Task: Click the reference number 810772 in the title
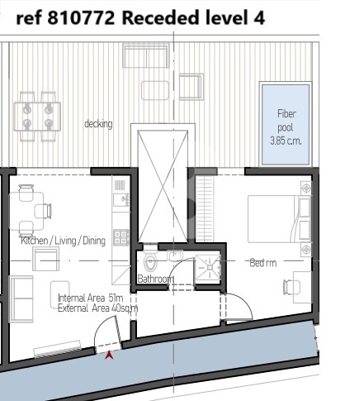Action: [x=81, y=18]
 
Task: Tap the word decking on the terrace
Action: [x=98, y=124]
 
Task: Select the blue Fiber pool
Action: [x=286, y=125]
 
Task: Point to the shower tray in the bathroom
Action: [x=208, y=268]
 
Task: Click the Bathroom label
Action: [x=155, y=279]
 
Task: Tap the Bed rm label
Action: [x=263, y=263]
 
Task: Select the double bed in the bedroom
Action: [x=280, y=219]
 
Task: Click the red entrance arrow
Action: [x=110, y=355]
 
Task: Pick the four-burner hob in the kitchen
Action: [x=121, y=237]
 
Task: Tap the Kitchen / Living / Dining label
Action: [x=63, y=241]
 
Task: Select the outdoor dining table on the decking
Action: [x=37, y=117]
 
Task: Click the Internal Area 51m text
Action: [x=90, y=298]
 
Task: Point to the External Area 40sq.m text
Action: [x=97, y=308]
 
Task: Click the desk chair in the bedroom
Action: [x=288, y=287]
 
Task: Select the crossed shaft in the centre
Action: [x=163, y=186]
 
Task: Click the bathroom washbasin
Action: [x=175, y=255]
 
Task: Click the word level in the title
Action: [x=226, y=18]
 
